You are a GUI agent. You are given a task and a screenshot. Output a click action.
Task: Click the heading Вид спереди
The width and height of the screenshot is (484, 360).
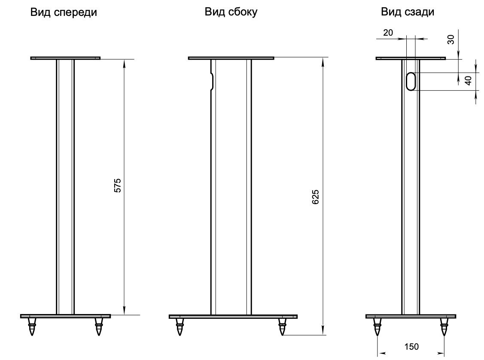[x=64, y=12]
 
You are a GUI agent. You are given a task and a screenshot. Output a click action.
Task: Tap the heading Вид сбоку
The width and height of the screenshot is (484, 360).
[x=231, y=12]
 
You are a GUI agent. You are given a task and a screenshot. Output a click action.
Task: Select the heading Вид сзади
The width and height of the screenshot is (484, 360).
[x=407, y=12]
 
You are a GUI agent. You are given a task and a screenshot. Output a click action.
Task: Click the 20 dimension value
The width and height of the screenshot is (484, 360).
[x=388, y=33]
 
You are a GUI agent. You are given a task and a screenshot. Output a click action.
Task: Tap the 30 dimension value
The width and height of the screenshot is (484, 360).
[x=451, y=40]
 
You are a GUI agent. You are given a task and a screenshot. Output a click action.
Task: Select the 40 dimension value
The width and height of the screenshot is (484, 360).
[x=469, y=80]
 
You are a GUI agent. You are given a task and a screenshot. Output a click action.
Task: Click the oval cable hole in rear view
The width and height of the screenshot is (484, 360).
[x=411, y=82]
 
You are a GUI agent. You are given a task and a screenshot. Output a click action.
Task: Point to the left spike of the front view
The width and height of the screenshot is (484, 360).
[x=31, y=326]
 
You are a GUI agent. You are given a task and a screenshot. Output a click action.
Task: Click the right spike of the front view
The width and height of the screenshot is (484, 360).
[x=99, y=326]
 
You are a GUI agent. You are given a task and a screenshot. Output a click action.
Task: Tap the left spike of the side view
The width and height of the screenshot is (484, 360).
[x=180, y=326]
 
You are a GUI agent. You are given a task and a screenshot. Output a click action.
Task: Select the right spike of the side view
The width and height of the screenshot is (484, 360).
[x=282, y=326]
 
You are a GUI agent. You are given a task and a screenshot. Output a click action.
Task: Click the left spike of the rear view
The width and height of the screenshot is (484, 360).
[x=377, y=326]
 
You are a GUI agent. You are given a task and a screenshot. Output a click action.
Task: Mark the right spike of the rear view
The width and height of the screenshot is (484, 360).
[x=444, y=326]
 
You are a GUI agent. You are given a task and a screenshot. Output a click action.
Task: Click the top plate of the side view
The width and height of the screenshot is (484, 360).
[x=231, y=58]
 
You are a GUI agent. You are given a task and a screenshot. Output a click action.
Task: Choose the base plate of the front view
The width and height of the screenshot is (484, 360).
[x=65, y=316]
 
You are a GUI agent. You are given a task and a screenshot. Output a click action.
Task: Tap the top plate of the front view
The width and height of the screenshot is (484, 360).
[x=65, y=58]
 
